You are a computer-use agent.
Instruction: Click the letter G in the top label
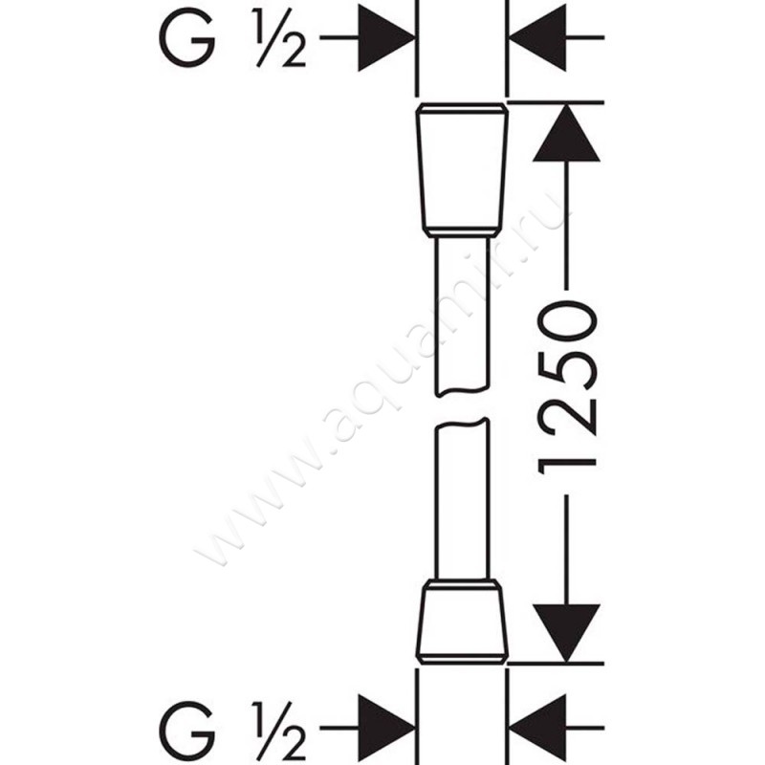tap(186, 37)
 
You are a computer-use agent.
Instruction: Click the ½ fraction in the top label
tap(278, 37)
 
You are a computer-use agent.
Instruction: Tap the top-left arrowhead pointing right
tap(386, 37)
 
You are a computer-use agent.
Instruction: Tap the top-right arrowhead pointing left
tap(537, 37)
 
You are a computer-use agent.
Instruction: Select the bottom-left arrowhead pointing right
tap(386, 728)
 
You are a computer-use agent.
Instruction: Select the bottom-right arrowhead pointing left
tap(537, 728)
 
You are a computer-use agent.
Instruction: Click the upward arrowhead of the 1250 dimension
tap(566, 133)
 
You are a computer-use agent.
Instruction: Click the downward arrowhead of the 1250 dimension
tap(566, 633)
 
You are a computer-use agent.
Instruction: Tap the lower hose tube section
tap(462, 498)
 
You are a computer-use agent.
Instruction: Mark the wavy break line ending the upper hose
tap(462, 391)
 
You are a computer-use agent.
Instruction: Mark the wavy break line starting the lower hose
tap(462, 424)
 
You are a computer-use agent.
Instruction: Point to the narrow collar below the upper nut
tap(462, 233)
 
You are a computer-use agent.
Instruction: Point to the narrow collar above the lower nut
tap(462, 585)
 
